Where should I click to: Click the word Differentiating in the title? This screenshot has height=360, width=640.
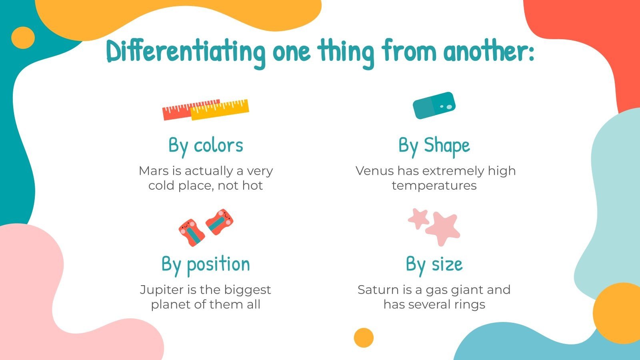pyautogui.click(x=186, y=52)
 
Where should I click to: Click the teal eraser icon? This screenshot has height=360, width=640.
pyautogui.click(x=434, y=106)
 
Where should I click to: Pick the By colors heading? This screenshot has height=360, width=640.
pyautogui.click(x=206, y=146)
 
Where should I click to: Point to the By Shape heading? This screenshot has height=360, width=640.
pyautogui.click(x=434, y=146)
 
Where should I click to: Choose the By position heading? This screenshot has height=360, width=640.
pyautogui.click(x=206, y=264)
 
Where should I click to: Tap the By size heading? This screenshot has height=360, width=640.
pyautogui.click(x=434, y=264)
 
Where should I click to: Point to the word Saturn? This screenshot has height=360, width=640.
pyautogui.click(x=375, y=290)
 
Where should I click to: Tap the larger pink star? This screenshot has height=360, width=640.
pyautogui.click(x=443, y=228)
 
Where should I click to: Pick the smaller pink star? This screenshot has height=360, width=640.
pyautogui.click(x=418, y=218)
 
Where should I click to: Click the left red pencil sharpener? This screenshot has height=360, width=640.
pyautogui.click(x=191, y=232)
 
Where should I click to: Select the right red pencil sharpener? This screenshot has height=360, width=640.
pyautogui.click(x=219, y=222)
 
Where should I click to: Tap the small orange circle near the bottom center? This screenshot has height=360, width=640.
pyautogui.click(x=364, y=338)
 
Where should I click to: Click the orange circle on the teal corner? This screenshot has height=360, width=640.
pyautogui.click(x=23, y=38)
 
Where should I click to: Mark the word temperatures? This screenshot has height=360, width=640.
pyautogui.click(x=434, y=186)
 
